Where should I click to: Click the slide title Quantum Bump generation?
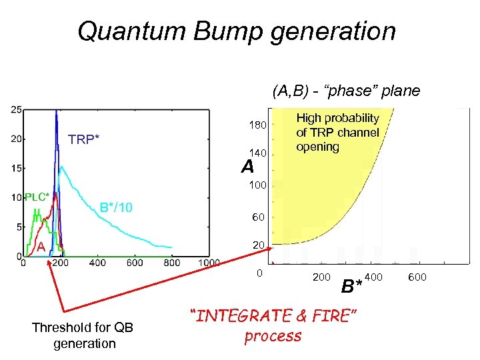[x=237, y=31]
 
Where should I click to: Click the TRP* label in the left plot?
[x=84, y=139]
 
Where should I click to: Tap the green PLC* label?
[x=37, y=197]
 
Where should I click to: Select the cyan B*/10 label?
[x=116, y=208]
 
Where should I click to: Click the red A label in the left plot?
[x=40, y=246]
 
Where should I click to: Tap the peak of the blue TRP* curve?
[x=56, y=111]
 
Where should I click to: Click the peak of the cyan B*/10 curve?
[x=61, y=167]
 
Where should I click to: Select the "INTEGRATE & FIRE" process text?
[x=273, y=325]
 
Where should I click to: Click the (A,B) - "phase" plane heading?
[x=346, y=91]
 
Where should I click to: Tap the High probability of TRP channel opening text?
[x=337, y=132]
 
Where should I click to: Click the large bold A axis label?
[x=248, y=167]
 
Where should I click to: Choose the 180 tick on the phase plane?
[x=258, y=125]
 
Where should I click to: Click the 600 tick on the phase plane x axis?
[x=417, y=277]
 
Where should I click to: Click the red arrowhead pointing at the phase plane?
[x=271, y=249]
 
